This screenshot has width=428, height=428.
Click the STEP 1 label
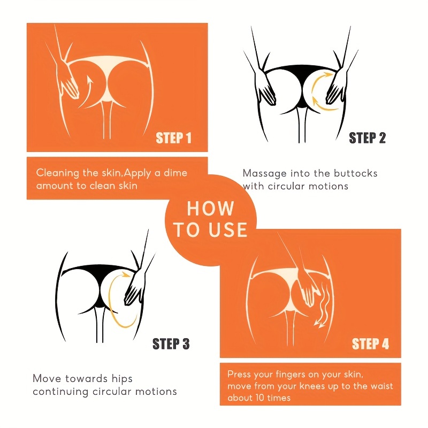(173, 138)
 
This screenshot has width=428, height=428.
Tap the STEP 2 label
(367, 138)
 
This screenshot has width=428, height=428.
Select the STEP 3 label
(171, 343)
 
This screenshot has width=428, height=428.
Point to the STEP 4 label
(370, 343)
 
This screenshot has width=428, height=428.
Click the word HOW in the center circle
(210, 209)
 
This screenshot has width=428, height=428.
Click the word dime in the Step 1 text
(175, 173)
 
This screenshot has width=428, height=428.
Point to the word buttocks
(355, 173)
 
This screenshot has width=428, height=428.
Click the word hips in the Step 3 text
(122, 379)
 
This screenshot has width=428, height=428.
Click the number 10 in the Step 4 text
(261, 398)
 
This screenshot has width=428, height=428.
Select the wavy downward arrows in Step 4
(324, 304)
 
